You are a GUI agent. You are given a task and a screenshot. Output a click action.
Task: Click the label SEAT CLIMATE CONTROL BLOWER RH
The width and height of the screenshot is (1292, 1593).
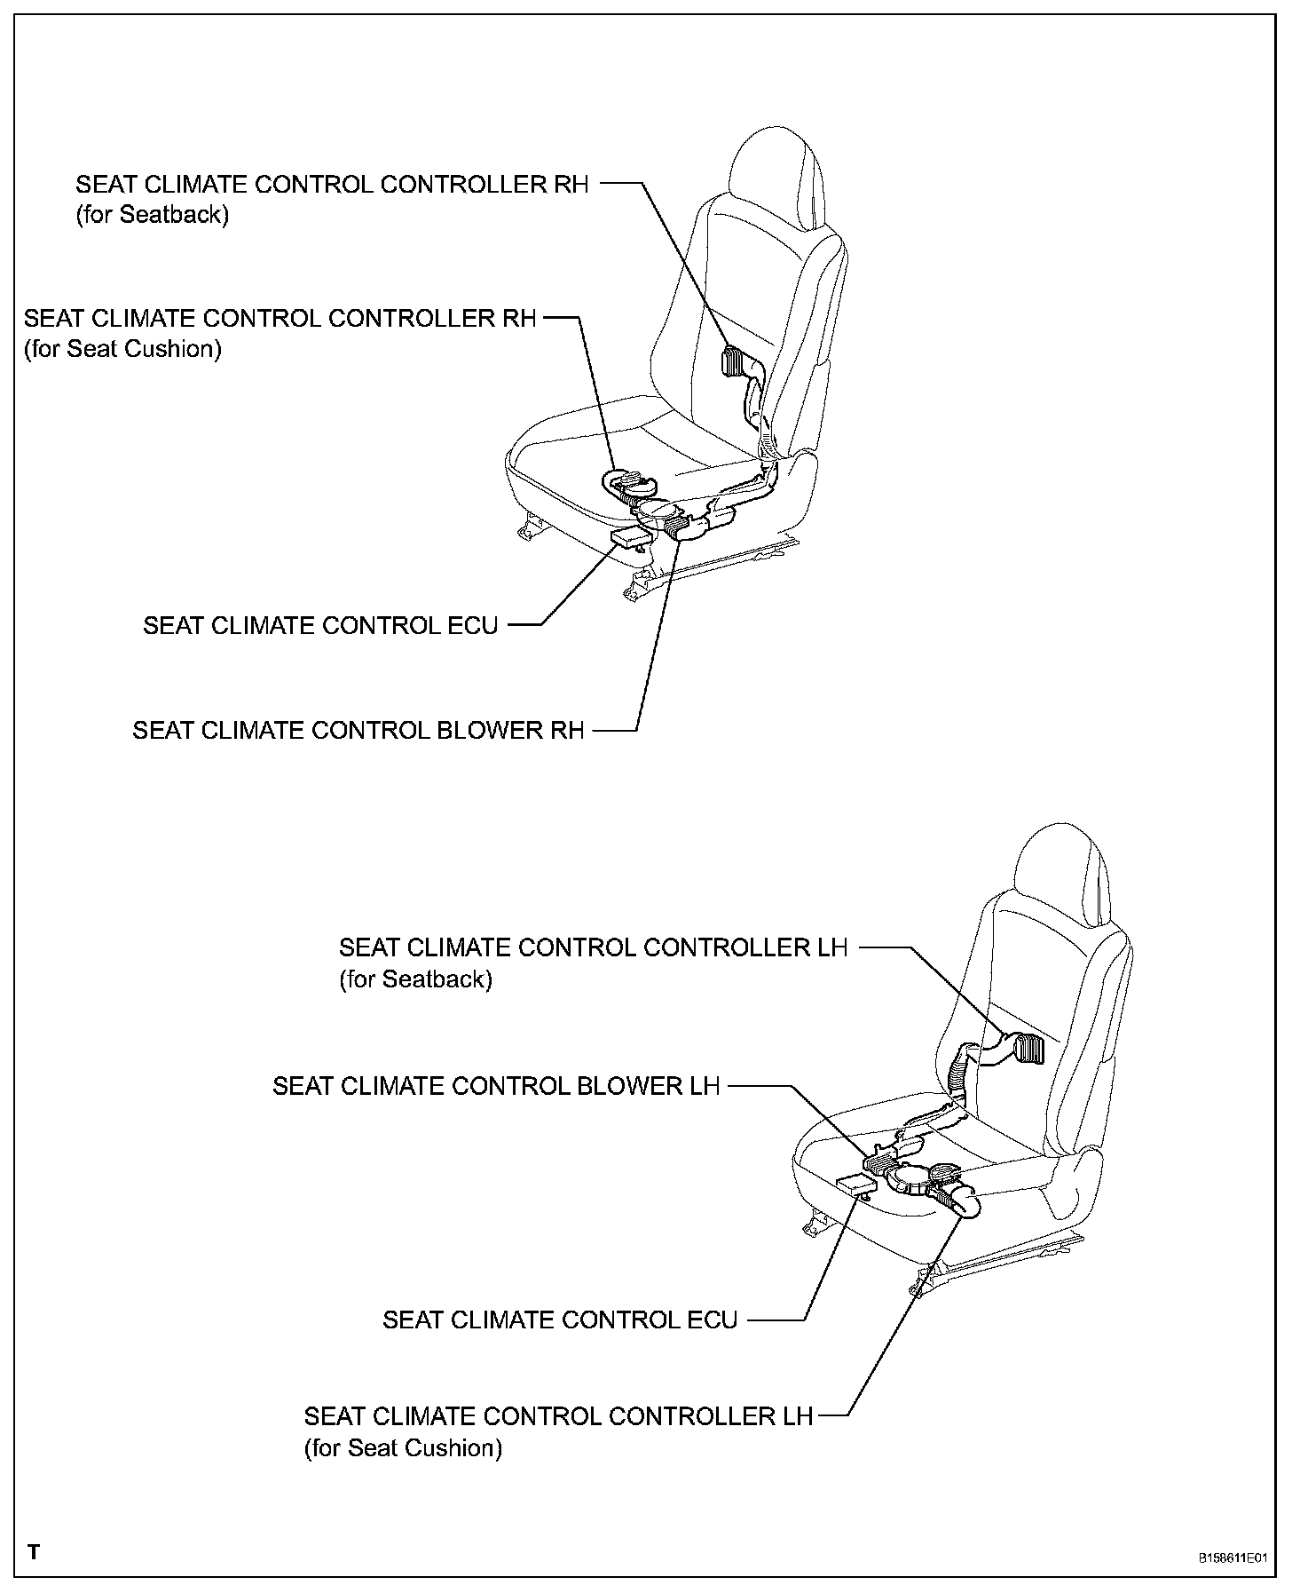tap(358, 730)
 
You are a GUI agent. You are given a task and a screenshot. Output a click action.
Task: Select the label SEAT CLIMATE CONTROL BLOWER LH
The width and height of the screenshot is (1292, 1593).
tap(495, 1086)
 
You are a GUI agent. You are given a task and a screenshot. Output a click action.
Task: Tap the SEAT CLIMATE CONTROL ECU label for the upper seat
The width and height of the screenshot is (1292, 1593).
tap(320, 625)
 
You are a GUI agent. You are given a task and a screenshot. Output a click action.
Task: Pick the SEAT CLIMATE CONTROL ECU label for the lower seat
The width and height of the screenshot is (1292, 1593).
tap(560, 1320)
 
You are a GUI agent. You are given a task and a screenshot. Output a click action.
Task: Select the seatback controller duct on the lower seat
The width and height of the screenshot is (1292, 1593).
tap(1028, 1049)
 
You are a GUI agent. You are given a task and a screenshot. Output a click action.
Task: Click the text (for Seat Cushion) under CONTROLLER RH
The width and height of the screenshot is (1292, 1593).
tap(122, 349)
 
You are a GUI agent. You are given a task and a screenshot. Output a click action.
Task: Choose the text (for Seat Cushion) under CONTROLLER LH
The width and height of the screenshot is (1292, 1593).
tap(403, 1448)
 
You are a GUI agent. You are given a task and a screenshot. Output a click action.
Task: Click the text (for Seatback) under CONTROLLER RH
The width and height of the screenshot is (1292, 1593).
tap(152, 215)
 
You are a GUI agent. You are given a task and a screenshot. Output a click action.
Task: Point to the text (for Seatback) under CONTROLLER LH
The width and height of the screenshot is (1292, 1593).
tap(415, 979)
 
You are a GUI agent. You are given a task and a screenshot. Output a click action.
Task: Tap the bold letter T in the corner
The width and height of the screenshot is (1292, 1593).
tap(34, 1552)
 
